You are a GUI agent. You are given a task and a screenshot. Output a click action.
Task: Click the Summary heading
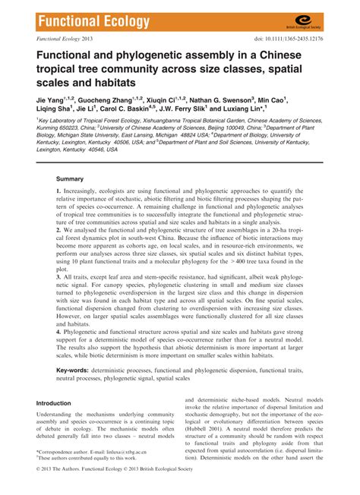(x=74, y=201)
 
